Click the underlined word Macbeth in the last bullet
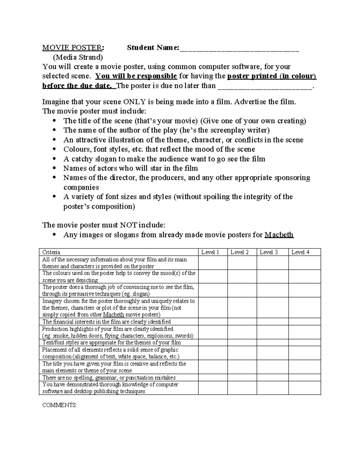[x=279, y=235]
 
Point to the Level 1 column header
[x=210, y=252]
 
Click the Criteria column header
[x=51, y=252]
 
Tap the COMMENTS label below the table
[x=59, y=405]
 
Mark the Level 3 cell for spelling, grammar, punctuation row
[x=272, y=377]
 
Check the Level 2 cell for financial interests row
[x=242, y=322]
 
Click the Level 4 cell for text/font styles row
[x=304, y=342]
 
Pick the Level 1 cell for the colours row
[x=213, y=277]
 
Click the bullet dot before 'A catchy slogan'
[x=54, y=159]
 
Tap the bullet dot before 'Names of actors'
[x=54, y=168]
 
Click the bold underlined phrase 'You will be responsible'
[x=136, y=76]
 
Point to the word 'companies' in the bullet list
[x=81, y=187]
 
